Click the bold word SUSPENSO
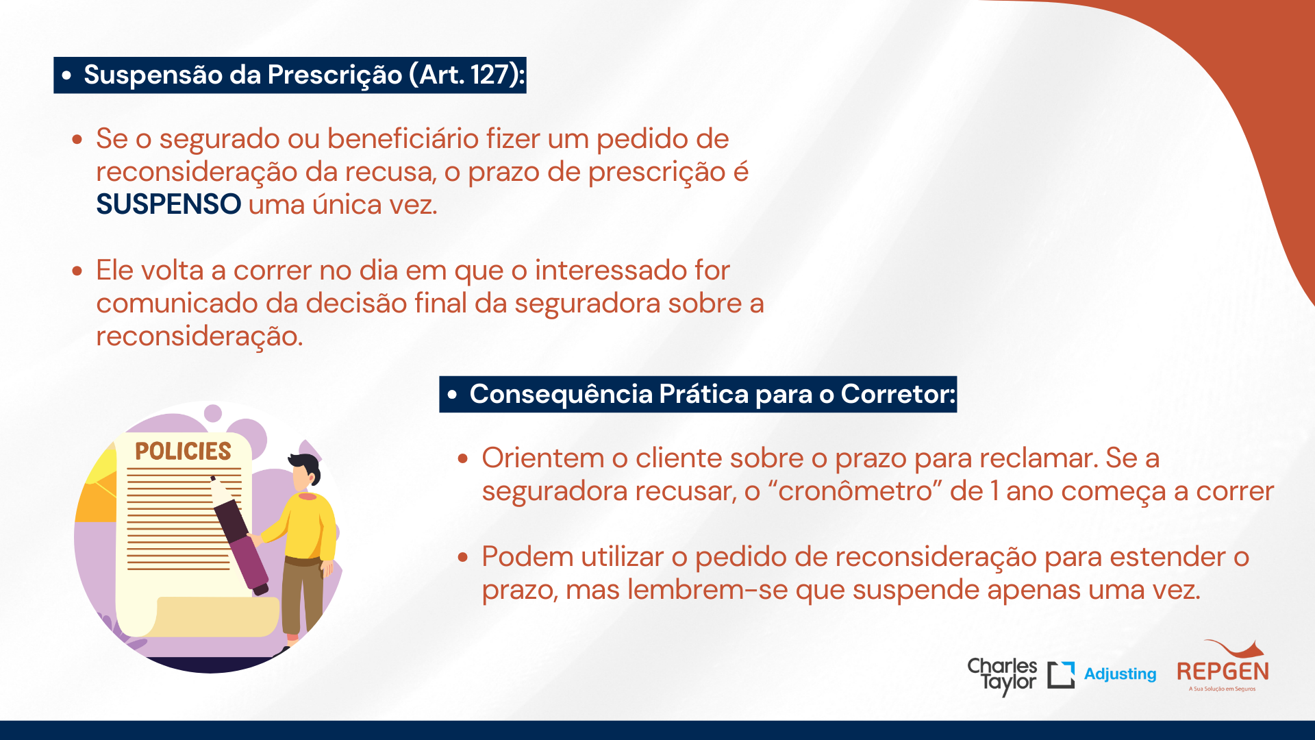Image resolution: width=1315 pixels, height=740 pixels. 168,204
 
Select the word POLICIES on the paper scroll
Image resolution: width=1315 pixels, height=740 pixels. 183,451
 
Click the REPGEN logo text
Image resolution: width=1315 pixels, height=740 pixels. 1223,671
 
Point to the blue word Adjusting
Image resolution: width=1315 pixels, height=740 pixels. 1120,674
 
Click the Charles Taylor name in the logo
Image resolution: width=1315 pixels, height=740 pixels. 1002,676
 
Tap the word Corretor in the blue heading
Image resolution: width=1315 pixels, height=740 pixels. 898,394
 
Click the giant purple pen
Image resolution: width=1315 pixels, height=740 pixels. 239,534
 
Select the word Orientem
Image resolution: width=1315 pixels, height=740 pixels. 543,458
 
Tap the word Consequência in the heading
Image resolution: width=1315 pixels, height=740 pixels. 561,395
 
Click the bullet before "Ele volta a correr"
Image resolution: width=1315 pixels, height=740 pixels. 77,271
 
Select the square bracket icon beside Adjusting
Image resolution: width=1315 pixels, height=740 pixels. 1061,675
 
